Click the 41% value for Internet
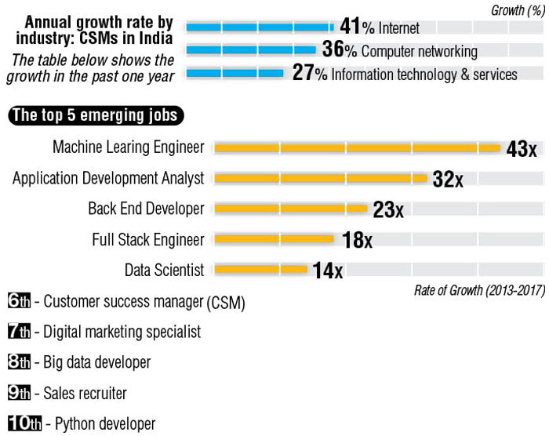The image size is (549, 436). coord(357,27)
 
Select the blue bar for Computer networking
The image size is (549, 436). coord(251,51)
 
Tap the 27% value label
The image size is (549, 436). coord(309,74)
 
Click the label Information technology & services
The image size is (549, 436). coord(424,74)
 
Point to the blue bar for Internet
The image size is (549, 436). coord(260,27)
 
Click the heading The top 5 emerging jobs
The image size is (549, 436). coord(97,116)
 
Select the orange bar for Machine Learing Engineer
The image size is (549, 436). coord(357,147)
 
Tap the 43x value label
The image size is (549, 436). coord(522,149)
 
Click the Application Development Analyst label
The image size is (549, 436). coord(108,178)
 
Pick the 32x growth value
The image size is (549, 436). coord(448,180)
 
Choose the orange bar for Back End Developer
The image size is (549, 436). coord(291,209)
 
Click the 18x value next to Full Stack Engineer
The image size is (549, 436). coord(357,241)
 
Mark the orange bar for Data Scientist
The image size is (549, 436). coord(260,270)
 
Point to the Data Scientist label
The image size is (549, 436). coord(164,271)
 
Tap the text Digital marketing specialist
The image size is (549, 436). coord(122,332)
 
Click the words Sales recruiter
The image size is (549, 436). coord(85,393)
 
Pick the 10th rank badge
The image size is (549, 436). coord(24,423)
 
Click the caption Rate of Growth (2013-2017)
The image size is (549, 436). coord(478,291)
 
